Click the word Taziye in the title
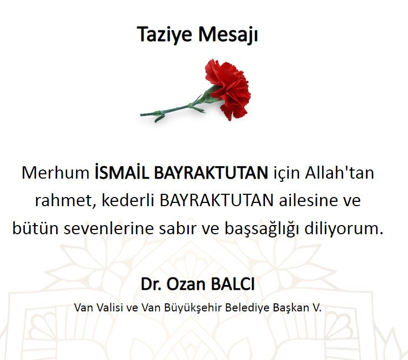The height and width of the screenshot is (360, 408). coord(165,35)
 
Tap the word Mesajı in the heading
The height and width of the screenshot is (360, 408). coord(228,35)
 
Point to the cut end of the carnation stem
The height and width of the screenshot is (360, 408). coord(141,114)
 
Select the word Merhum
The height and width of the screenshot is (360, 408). coord(56,173)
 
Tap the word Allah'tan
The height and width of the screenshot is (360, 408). coord(339,172)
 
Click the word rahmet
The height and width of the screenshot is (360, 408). coord(64,200)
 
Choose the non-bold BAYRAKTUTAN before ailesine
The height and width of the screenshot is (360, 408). coord(216,200)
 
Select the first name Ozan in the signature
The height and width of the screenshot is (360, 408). coord(186,284)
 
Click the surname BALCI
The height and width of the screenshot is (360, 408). coord(233,284)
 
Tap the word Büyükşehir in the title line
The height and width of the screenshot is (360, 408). coord(193,308)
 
